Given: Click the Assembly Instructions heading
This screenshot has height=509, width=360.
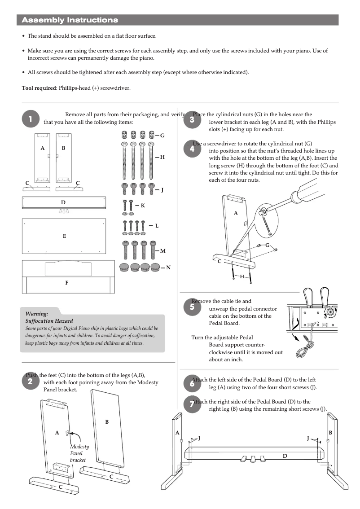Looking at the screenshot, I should pyautogui.click(x=70, y=20).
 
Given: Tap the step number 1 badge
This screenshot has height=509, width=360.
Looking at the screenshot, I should pyautogui.click(x=30, y=119).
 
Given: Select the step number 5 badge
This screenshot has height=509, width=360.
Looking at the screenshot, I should pyautogui.click(x=192, y=308).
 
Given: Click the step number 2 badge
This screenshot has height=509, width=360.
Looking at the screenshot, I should pyautogui.click(x=30, y=381).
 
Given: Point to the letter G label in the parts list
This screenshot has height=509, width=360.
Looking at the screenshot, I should pyautogui.click(x=162, y=135).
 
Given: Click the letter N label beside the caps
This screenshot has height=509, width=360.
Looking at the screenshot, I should pyautogui.click(x=168, y=268).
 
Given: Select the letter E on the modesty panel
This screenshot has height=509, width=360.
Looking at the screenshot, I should pyautogui.click(x=64, y=236).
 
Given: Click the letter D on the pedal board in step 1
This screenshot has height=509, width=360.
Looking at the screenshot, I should pyautogui.click(x=63, y=202).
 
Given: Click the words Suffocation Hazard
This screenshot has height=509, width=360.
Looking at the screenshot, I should pyautogui.click(x=49, y=321).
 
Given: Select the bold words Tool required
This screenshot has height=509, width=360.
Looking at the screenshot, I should pyautogui.click(x=39, y=88).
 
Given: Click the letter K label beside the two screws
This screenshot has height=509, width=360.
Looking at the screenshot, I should pyautogui.click(x=143, y=205).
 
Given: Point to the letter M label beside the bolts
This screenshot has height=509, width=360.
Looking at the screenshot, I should pyautogui.click(x=162, y=251).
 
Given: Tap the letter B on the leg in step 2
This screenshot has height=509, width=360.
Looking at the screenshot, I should pyautogui.click(x=107, y=422).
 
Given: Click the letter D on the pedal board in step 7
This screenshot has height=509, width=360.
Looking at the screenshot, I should pyautogui.click(x=285, y=456).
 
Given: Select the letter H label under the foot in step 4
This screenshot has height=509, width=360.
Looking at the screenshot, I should pyautogui.click(x=242, y=276).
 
